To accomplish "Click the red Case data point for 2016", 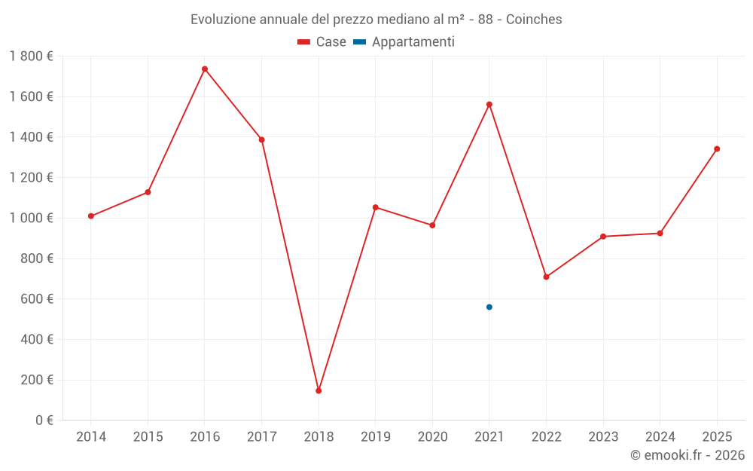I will click(205, 69).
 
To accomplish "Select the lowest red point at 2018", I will click(319, 390).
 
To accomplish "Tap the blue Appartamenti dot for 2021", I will click(489, 307).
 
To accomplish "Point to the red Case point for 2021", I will click(489, 104).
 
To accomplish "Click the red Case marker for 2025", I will click(717, 148).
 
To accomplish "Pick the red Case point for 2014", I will click(91, 216).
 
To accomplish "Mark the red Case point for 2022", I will click(546, 277).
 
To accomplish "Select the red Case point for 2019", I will click(376, 207).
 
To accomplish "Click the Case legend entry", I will click(322, 42).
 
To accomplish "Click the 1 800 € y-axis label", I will click(32, 57).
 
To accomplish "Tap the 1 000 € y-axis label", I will click(32, 218).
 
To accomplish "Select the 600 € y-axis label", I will click(36, 299).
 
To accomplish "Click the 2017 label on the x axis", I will click(261, 437).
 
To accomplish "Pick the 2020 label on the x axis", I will click(432, 437).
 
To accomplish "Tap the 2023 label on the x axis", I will click(603, 437).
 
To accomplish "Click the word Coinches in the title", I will click(534, 20).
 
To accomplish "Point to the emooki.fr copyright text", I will click(687, 455).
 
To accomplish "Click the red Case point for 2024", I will click(660, 233).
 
